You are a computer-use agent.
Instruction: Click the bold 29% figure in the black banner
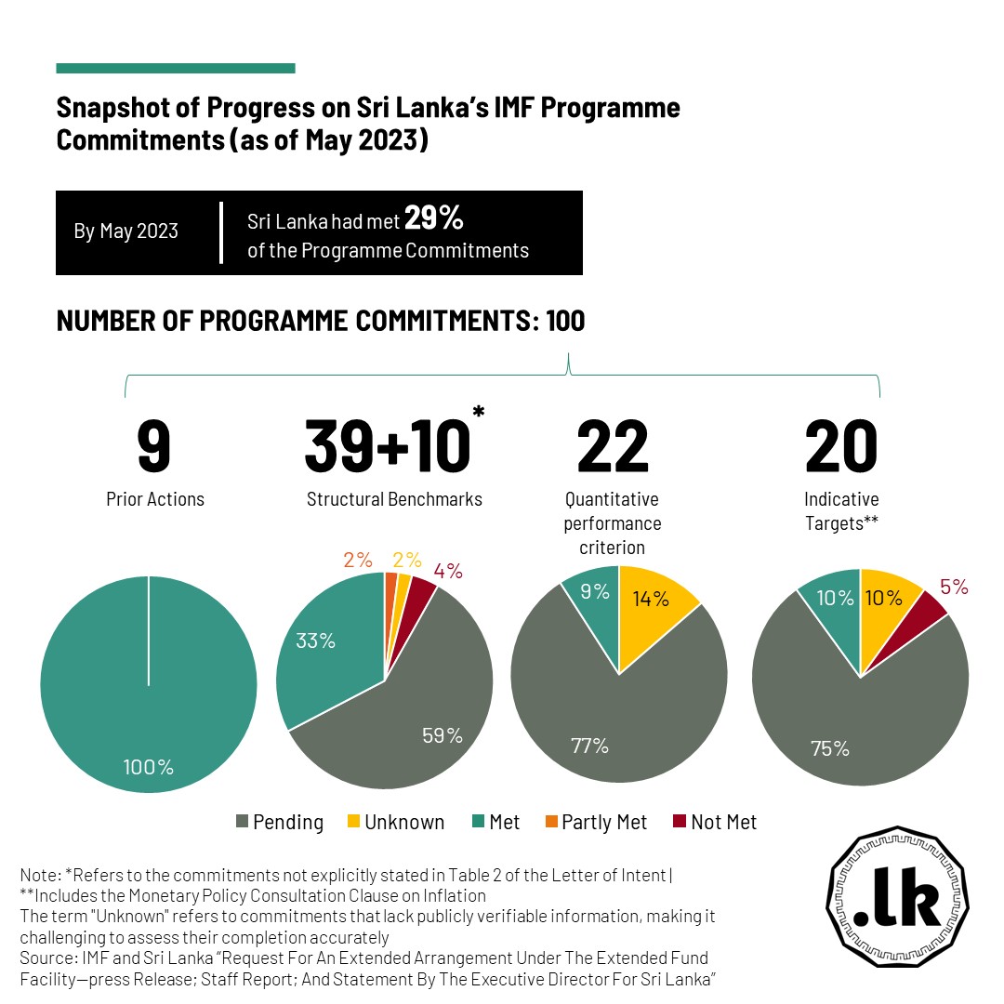tap(433, 218)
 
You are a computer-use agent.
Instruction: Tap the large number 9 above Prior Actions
tap(153, 445)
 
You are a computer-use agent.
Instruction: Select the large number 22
tap(613, 445)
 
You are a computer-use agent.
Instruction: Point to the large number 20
tap(840, 445)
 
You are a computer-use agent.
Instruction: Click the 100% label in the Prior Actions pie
tap(148, 767)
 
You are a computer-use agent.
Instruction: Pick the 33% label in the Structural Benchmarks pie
tap(316, 641)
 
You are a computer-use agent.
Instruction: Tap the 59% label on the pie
tap(443, 735)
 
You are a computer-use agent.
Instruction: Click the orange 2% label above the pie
tap(358, 560)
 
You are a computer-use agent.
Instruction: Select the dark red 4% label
tap(448, 571)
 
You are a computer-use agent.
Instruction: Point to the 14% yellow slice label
tap(651, 599)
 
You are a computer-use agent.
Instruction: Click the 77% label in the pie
tap(589, 746)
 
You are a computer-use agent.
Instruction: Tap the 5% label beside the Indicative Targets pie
tap(954, 587)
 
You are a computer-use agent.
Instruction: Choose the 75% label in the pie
tap(830, 747)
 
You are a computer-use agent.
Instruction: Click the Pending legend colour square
tap(242, 821)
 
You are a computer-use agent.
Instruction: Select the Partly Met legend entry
tap(596, 822)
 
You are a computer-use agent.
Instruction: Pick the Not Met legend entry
tap(715, 822)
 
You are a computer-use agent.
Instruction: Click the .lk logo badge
tap(897, 896)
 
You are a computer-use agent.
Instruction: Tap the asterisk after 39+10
tap(479, 411)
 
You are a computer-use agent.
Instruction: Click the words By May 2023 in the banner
tap(126, 231)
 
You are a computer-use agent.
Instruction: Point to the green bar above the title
tap(176, 69)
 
